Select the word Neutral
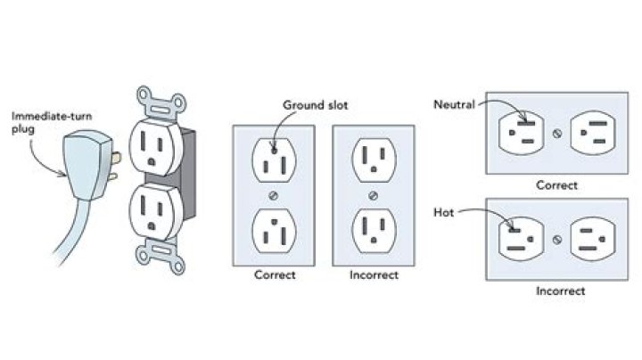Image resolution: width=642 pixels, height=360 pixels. pyautogui.click(x=453, y=104)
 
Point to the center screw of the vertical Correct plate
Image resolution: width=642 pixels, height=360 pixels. pyautogui.click(x=276, y=194)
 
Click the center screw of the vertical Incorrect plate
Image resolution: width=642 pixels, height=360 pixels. pyautogui.click(x=372, y=194)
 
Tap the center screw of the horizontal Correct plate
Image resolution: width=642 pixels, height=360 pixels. pyautogui.click(x=557, y=134)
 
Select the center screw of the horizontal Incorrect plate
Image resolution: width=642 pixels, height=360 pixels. pyautogui.click(x=557, y=239)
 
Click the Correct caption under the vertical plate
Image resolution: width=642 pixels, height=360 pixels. pyautogui.click(x=276, y=274)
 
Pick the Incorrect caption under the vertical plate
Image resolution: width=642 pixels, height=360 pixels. pyautogui.click(x=372, y=274)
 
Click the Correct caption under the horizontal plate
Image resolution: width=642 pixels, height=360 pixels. pyautogui.click(x=557, y=186)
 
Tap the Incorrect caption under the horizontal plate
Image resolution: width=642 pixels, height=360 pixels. pyautogui.click(x=560, y=291)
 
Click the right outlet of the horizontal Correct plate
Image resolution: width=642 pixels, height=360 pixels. pyautogui.click(x=593, y=134)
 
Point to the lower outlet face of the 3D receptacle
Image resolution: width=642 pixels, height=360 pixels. pyautogui.click(x=154, y=211)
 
